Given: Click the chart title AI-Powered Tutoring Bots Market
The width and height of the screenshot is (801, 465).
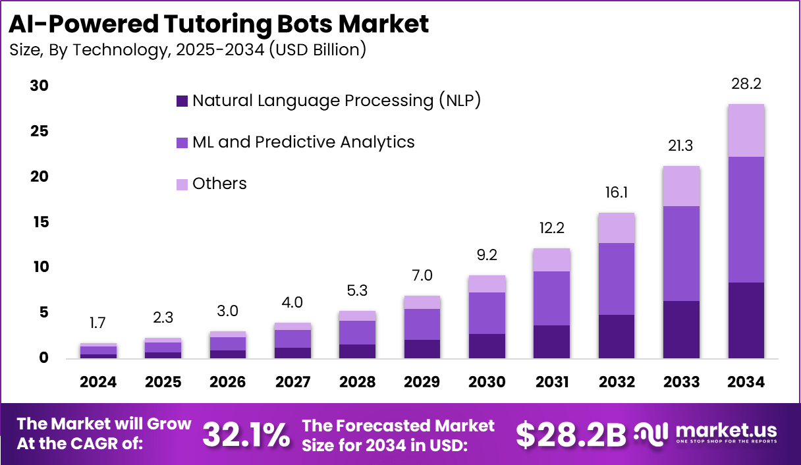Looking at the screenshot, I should click(x=219, y=24).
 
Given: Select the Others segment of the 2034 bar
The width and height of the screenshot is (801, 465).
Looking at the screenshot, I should click(x=746, y=130).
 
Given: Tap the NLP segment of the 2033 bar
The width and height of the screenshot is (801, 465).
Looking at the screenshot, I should click(x=682, y=329).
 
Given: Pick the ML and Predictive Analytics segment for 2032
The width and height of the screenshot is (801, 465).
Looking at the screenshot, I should click(x=617, y=279).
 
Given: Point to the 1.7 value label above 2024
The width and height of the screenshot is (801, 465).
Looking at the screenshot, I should click(x=99, y=323).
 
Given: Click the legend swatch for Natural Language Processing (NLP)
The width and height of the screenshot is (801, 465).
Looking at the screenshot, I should click(x=182, y=101).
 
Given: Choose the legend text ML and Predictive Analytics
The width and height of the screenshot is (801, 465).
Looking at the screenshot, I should click(x=303, y=142).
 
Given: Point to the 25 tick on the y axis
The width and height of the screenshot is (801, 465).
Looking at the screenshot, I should click(x=40, y=131).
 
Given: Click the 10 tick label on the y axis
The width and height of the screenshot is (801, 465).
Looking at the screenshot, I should click(x=40, y=267).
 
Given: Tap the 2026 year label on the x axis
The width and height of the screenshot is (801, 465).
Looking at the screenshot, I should click(x=228, y=382).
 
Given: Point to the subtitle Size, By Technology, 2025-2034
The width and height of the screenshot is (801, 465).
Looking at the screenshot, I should click(x=188, y=49).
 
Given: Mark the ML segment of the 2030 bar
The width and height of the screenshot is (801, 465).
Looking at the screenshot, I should click(x=487, y=313).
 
